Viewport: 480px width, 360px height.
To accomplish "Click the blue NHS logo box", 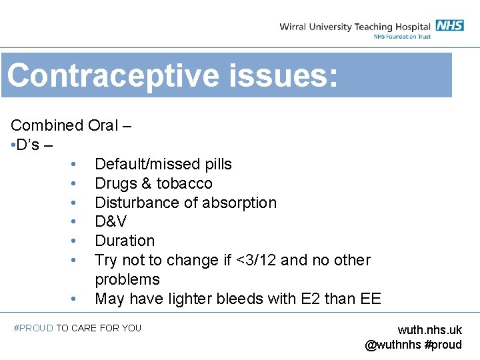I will [450, 26].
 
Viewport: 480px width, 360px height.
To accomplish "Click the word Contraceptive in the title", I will [110, 75].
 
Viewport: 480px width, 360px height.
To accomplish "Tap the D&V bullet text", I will [111, 221].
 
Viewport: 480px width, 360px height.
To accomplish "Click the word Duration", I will [125, 241].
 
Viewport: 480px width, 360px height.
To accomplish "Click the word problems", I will [127, 279].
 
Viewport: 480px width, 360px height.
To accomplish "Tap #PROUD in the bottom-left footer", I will [33, 328].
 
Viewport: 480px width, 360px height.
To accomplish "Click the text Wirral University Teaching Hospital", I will [355, 27].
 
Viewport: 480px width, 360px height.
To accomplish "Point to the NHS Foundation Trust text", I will [402, 37].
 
